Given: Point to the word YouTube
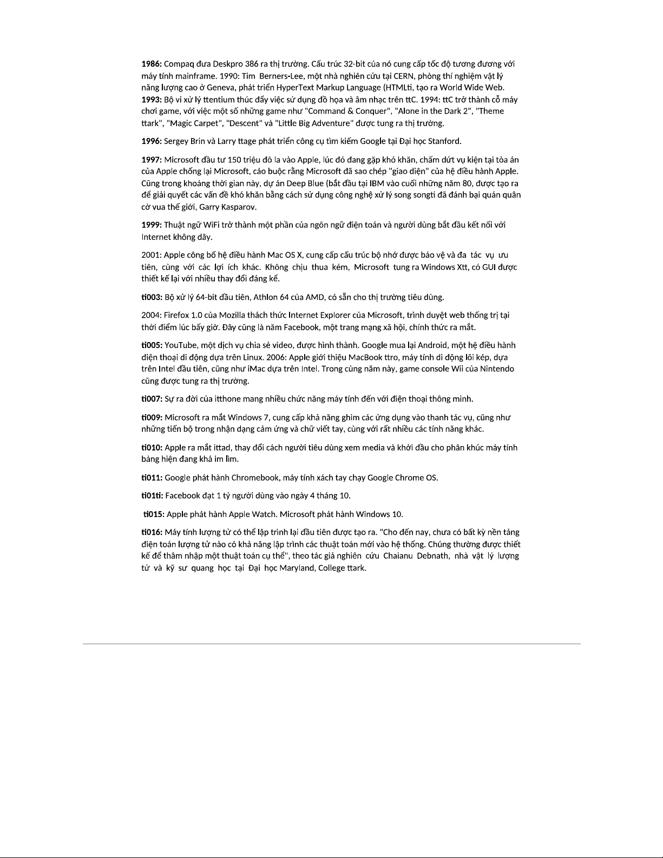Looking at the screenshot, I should [x=181, y=345].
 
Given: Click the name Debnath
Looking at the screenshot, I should [x=431, y=556].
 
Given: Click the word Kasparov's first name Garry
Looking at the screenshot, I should [x=208, y=207].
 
